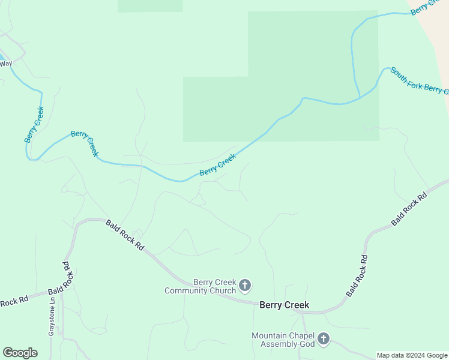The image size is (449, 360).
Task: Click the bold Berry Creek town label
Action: tap(284, 305)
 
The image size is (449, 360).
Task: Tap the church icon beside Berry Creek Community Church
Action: tap(245, 285)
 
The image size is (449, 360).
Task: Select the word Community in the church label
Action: tap(190, 291)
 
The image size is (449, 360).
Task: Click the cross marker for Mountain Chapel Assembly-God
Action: tap(324, 339)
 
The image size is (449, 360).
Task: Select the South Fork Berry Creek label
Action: tap(419, 81)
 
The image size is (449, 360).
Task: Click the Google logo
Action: tap(20, 353)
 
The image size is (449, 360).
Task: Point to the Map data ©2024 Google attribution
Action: tap(412, 356)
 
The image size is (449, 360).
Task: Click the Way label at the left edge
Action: tap(6, 63)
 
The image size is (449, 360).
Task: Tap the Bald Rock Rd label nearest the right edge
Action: tap(409, 209)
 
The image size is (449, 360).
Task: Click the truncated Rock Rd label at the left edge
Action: tap(14, 302)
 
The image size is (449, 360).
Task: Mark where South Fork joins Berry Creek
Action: tap(360, 98)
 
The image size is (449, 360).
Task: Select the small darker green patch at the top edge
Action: tap(150, 5)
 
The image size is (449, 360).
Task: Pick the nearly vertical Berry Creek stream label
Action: tap(34, 124)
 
